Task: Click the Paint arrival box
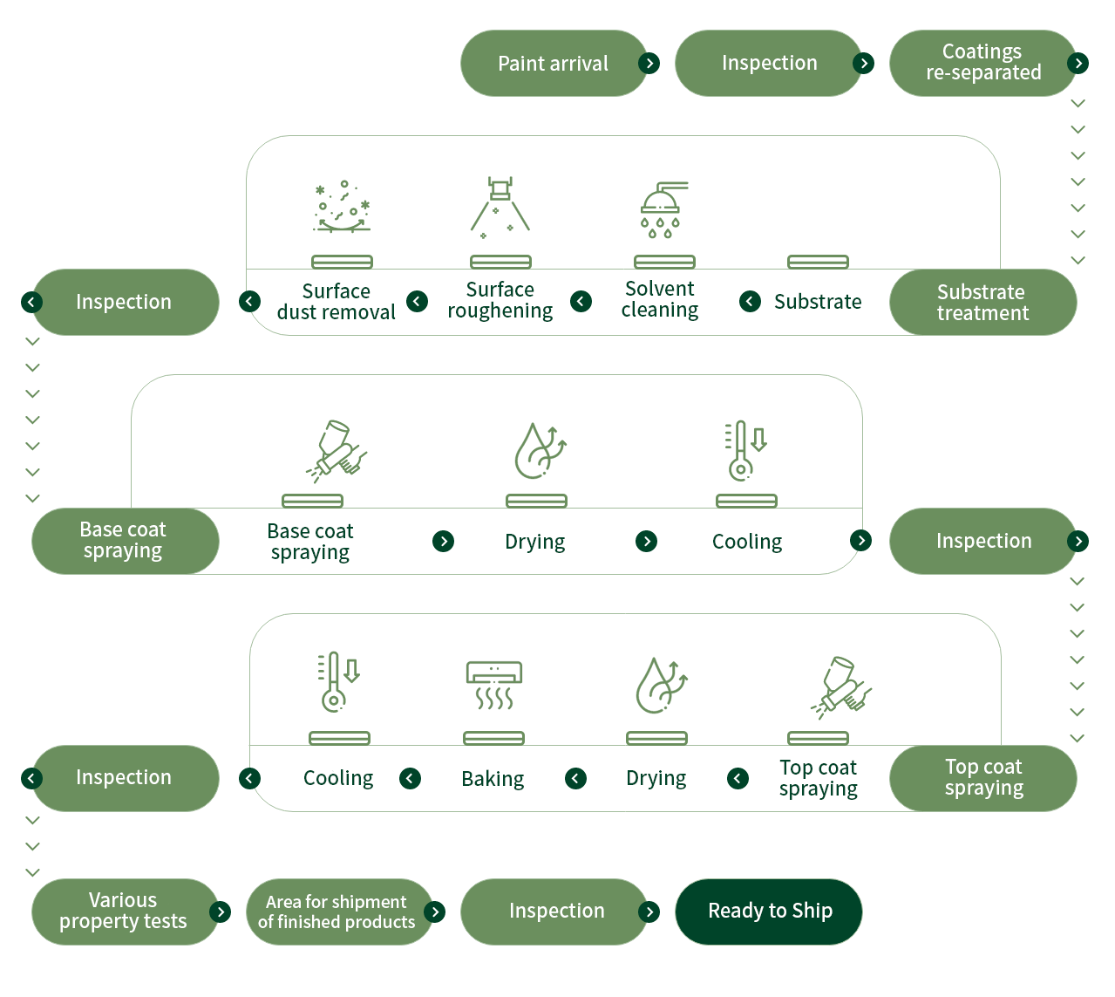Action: pos(553,64)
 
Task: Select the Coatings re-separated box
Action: pos(982,63)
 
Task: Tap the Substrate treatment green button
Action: pos(982,303)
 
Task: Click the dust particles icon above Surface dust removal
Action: pos(342,208)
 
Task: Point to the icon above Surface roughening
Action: pos(500,208)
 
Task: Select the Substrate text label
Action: pos(817,302)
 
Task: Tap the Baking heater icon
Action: pos(494,685)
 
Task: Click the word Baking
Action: pos(493,779)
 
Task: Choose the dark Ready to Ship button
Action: pos(769,912)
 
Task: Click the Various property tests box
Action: pos(123,912)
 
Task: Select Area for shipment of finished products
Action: pos(337,912)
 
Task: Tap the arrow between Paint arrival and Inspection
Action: pos(649,64)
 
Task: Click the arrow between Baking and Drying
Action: pos(575,778)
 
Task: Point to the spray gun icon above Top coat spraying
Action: pos(840,686)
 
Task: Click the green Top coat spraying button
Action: pos(982,778)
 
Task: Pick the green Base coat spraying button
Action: pos(124,541)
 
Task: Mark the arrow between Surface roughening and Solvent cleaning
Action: pos(581,302)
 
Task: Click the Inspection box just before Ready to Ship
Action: pos(555,912)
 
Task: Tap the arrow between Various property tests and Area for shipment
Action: pos(221,912)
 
